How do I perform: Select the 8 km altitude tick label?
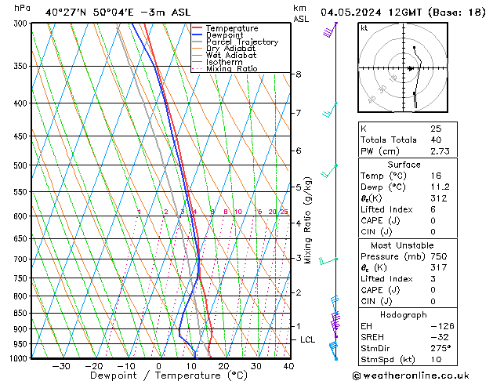[x=298, y=74]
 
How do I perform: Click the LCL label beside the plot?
[x=307, y=339]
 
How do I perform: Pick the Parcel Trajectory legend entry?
[x=241, y=42]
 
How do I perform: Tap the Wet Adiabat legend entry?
[x=230, y=56]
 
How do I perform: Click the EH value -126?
[x=440, y=325]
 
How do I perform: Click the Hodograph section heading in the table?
[x=404, y=314]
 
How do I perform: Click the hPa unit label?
[x=23, y=8]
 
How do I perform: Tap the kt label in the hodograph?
[x=364, y=28]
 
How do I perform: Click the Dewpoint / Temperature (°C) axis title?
[x=157, y=376]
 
